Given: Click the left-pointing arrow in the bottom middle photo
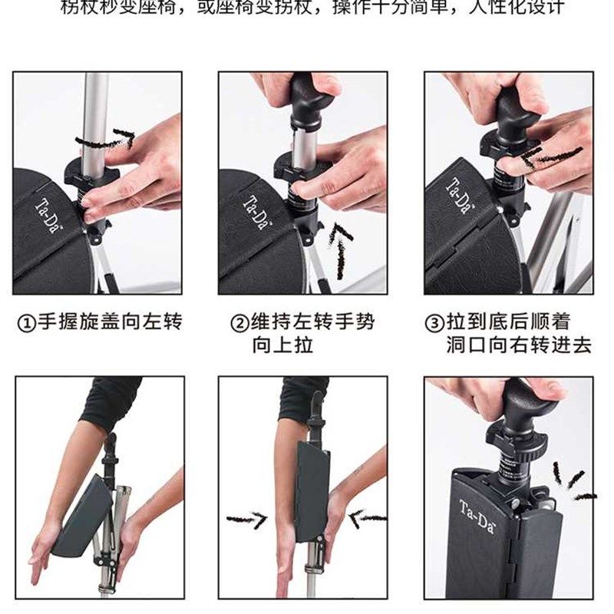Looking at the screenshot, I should coord(367,518).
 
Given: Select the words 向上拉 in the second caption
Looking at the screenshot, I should coord(282,345).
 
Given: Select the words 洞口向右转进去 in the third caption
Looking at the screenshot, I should coord(519,345).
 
